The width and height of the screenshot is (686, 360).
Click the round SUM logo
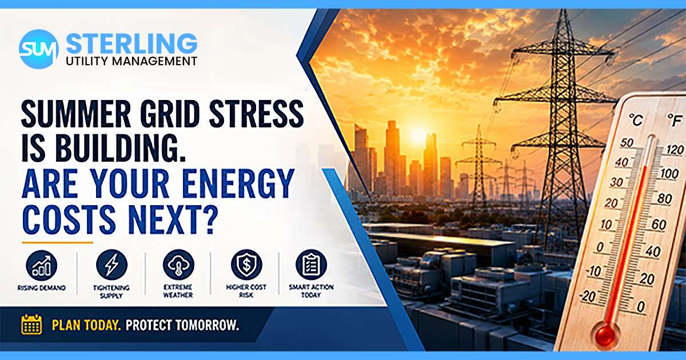pos(39,49)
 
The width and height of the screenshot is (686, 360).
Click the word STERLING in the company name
pos(131,43)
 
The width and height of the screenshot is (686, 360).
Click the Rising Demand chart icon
pos(42,265)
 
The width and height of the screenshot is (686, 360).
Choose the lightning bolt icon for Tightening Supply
pos(111,265)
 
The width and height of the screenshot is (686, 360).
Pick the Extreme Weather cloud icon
pos(178,265)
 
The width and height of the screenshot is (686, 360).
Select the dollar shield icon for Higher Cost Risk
pos(246,265)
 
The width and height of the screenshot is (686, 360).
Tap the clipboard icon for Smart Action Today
pos(311,265)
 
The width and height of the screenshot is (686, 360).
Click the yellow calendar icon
pos(31,324)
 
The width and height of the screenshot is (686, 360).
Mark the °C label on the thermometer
pos(636,120)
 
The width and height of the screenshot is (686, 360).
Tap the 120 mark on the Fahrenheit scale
pos(675,150)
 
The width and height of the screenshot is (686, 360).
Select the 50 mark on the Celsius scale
pos(627,142)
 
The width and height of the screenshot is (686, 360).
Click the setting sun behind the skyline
pos(418,135)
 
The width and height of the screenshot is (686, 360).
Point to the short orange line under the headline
pos(57,243)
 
